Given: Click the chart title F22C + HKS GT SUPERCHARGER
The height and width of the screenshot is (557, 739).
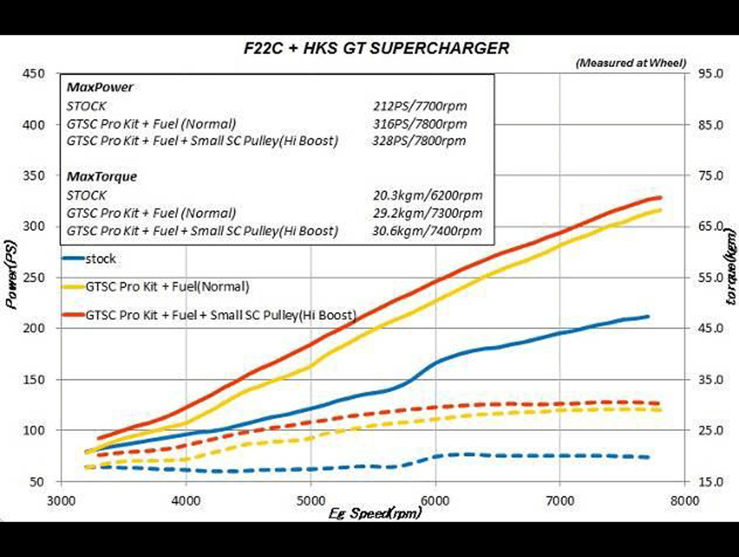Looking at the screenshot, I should tap(376, 48).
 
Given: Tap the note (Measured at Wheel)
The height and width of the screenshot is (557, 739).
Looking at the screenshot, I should tap(631, 63).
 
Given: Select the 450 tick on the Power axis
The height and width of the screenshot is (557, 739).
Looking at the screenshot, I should tap(34, 74).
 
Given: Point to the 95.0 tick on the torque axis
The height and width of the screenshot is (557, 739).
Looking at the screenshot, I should tap(711, 74).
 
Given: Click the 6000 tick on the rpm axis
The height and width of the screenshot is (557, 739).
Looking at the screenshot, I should tap(435, 501).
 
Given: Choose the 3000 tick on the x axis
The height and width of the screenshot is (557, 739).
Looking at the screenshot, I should tap(61, 501).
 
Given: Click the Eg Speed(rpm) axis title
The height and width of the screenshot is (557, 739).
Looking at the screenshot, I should tap(375, 513).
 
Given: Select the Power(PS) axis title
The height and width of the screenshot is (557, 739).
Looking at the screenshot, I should tap(11, 275).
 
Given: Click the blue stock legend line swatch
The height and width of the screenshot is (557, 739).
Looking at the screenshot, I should tap(73, 259).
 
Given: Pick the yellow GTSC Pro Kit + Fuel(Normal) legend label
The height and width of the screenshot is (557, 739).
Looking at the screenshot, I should tap(167, 287).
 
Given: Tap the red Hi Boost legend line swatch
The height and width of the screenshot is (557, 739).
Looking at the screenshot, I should tap(73, 315).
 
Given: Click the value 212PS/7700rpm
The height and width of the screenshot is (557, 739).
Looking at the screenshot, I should tap(419, 106).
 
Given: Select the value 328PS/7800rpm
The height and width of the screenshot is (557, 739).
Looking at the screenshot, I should tap(419, 141).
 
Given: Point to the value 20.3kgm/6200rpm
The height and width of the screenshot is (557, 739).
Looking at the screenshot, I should tap(427, 195).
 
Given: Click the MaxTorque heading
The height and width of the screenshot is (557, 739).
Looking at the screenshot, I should tap(102, 177).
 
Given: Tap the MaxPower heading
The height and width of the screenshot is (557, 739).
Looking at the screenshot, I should tap(100, 87).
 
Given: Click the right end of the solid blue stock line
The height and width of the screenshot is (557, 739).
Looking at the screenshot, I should tap(648, 317).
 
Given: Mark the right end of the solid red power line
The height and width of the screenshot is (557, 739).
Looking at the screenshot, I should tap(661, 197).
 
